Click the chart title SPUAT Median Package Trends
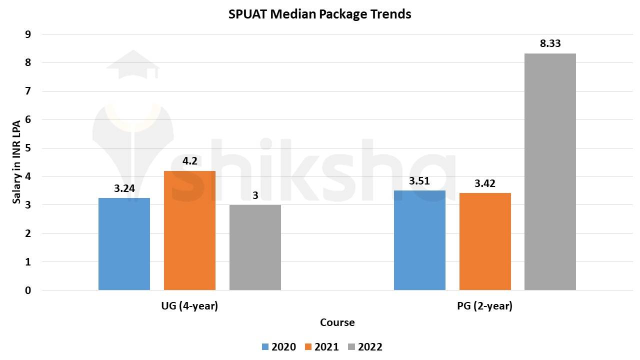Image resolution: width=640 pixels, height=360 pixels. [320, 14]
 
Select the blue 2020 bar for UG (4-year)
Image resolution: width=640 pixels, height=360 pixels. [124, 244]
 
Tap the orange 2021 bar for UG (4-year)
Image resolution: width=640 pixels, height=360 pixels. [189, 230]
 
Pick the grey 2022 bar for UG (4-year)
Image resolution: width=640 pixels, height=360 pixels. [255, 247]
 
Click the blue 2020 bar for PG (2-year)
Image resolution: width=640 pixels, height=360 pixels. [419, 240]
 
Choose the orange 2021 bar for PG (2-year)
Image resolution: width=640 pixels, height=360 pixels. [485, 241]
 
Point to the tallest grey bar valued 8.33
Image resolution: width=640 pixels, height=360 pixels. [550, 171]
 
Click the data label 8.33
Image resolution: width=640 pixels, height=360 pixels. [550, 43]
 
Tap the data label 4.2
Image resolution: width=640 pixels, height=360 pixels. [189, 161]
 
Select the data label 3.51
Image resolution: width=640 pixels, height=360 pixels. [419, 181]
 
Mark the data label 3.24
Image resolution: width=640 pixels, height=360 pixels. [124, 188]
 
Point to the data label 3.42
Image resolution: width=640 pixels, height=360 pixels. [485, 183]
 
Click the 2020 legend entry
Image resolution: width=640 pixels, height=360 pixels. [278, 347]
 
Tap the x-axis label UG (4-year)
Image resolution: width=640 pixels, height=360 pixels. [189, 306]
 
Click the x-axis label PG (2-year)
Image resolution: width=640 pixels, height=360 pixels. [484, 306]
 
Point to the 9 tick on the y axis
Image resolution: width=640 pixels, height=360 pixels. [28, 34]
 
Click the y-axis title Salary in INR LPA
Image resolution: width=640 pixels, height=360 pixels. [16, 162]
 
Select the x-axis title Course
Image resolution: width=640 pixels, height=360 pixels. [337, 322]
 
